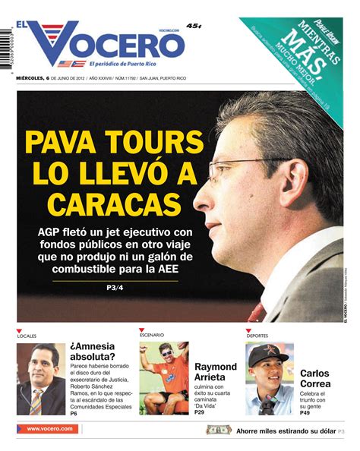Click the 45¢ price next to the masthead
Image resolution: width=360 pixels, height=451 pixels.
[194, 27]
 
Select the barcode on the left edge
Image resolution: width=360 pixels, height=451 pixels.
[7, 57]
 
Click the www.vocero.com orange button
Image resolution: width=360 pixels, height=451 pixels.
[49, 429]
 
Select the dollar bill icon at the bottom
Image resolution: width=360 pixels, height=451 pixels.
[219, 430]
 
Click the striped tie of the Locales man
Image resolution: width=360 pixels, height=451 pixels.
[36, 402]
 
